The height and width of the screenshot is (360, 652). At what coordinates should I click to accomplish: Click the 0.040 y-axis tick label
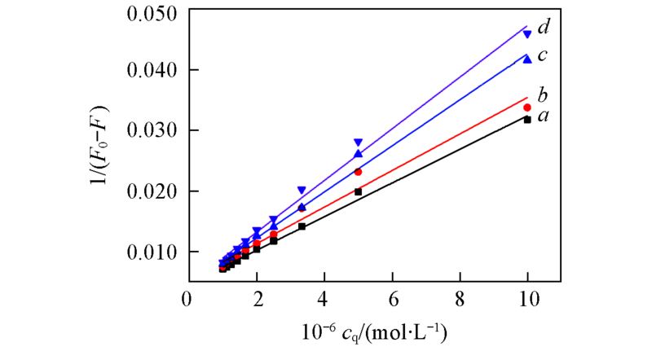click(x=152, y=71)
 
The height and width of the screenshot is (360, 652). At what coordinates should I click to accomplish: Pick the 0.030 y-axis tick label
click(x=152, y=131)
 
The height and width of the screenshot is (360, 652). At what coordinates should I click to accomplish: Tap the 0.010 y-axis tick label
click(x=152, y=252)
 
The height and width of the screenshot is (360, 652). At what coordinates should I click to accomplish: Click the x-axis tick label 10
click(x=528, y=299)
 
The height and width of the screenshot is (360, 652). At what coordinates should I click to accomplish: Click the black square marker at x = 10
click(x=528, y=120)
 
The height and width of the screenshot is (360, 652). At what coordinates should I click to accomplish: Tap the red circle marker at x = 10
click(x=528, y=108)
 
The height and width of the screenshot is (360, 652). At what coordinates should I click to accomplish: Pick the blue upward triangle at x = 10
click(x=528, y=59)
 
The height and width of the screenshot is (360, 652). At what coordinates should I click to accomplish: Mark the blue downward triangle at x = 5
click(x=358, y=143)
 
